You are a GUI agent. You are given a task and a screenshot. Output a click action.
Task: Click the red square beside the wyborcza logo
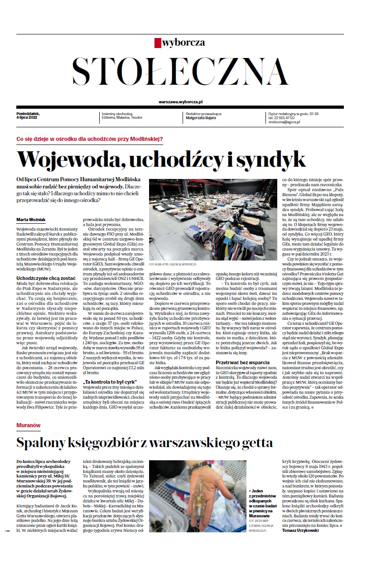click(x=158, y=43)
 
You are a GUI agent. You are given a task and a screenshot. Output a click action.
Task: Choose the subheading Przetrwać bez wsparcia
click(x=242, y=375)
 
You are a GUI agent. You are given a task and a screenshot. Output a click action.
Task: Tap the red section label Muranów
click(x=28, y=426)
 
